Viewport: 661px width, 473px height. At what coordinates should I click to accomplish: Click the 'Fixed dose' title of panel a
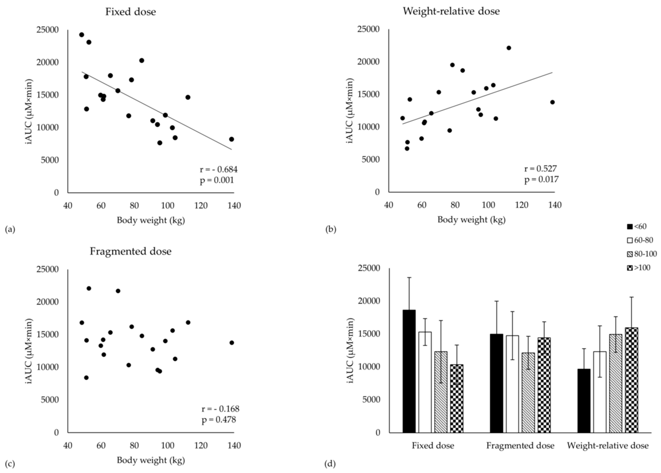130,12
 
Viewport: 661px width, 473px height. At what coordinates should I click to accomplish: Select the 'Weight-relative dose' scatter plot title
451,11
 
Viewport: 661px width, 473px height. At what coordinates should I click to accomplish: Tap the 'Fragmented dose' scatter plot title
130,251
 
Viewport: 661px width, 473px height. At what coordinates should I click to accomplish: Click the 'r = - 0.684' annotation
219,169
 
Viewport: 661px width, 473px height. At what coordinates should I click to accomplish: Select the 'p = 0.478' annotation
219,420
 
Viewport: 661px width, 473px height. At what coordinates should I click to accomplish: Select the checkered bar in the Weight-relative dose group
631,380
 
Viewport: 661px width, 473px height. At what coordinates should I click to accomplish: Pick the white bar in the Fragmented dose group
512,384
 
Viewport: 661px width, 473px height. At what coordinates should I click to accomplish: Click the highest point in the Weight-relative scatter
509,48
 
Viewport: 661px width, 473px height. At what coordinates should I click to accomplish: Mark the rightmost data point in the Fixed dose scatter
231,139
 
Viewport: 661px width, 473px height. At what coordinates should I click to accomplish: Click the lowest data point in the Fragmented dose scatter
86,378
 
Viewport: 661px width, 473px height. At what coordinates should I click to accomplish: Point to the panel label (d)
330,464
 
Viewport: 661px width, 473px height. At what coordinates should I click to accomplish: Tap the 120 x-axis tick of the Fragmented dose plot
201,446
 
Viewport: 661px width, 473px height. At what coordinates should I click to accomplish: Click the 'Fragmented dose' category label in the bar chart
520,446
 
